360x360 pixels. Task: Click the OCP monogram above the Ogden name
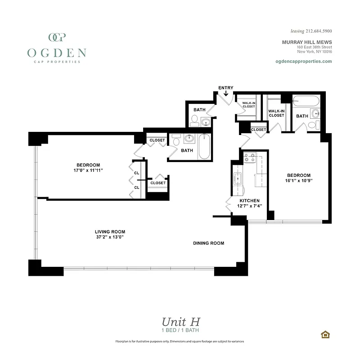pos(57,37)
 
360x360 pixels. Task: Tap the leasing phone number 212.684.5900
pos(311,31)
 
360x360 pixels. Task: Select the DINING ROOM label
pos(208,243)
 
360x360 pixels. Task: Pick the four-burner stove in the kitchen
pos(249,158)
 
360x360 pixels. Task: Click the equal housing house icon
pos(324,334)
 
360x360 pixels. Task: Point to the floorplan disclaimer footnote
pos(180,342)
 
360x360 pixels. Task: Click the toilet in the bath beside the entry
pos(195,120)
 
